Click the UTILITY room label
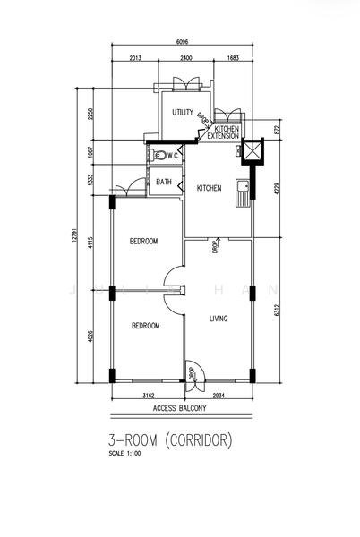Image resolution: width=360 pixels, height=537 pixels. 183,112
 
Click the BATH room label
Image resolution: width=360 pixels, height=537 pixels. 164,182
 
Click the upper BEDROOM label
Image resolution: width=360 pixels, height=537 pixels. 143,242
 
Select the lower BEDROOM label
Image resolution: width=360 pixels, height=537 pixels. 144,326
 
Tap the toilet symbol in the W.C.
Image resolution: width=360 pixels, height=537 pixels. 156,154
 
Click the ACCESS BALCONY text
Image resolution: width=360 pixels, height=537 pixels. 179,408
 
